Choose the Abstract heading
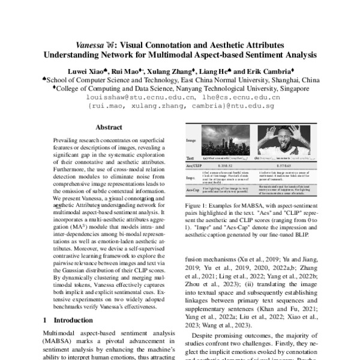[109, 127]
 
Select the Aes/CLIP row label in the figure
[194, 164]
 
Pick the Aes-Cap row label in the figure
[194, 190]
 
